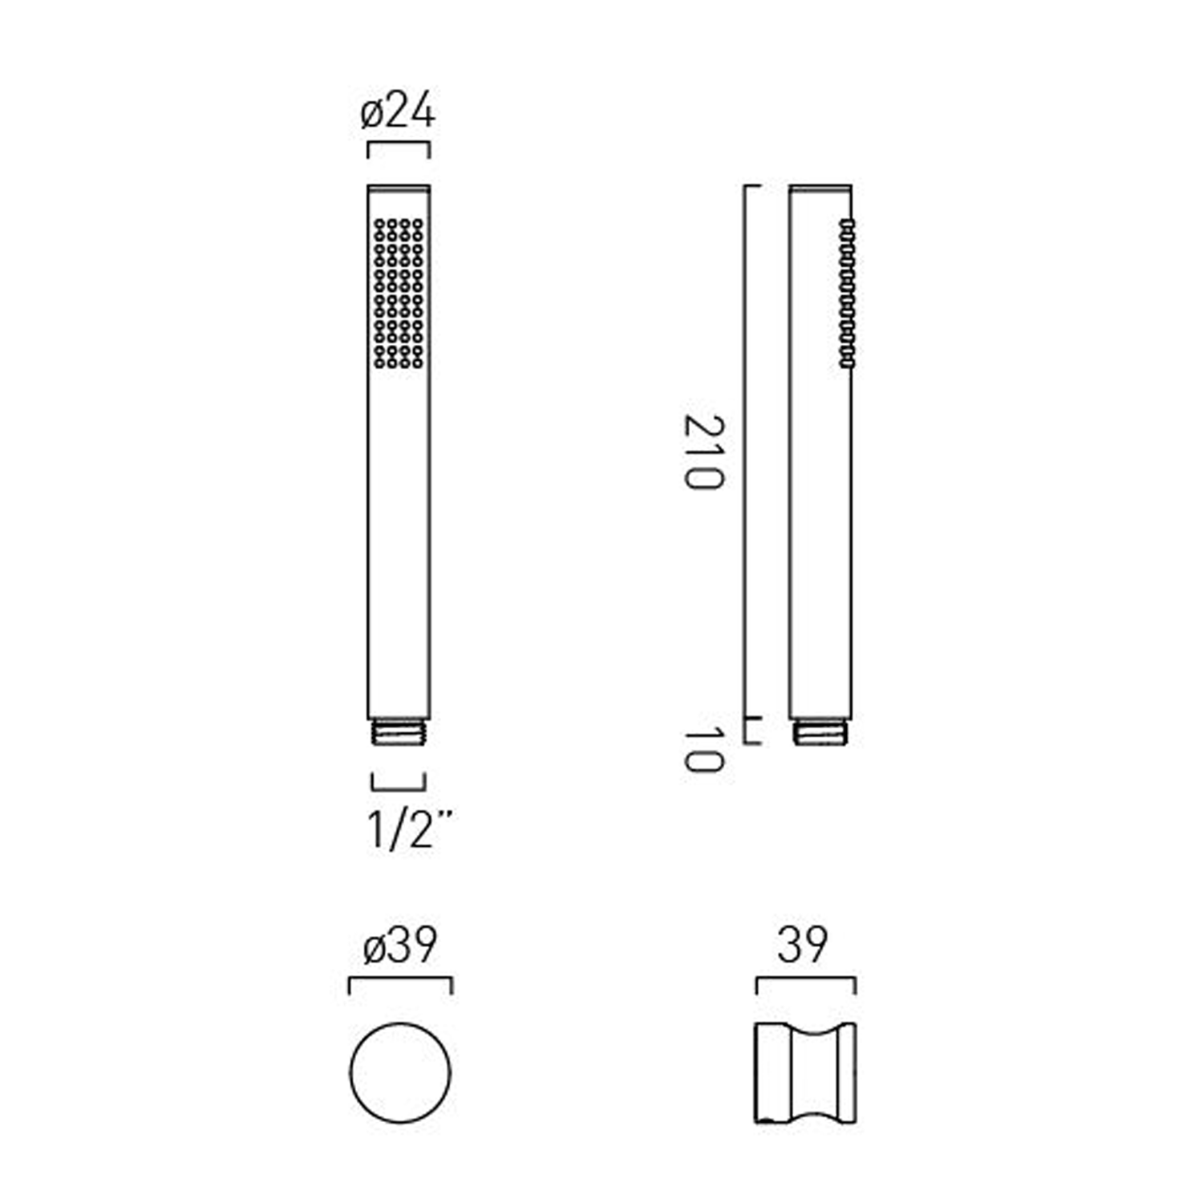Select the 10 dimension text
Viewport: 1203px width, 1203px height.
tap(703, 749)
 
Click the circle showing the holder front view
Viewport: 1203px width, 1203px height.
tap(400, 1072)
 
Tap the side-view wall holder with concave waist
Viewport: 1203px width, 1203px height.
tap(805, 1072)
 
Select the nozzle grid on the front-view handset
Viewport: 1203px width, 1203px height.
tap(399, 294)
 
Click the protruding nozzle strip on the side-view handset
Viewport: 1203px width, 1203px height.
tap(847, 294)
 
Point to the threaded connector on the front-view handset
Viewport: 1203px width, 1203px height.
tap(399, 732)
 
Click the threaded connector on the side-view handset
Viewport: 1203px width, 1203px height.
tap(821, 732)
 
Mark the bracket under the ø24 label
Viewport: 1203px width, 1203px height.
tap(399, 145)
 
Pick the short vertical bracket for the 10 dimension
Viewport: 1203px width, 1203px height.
tap(746, 731)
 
